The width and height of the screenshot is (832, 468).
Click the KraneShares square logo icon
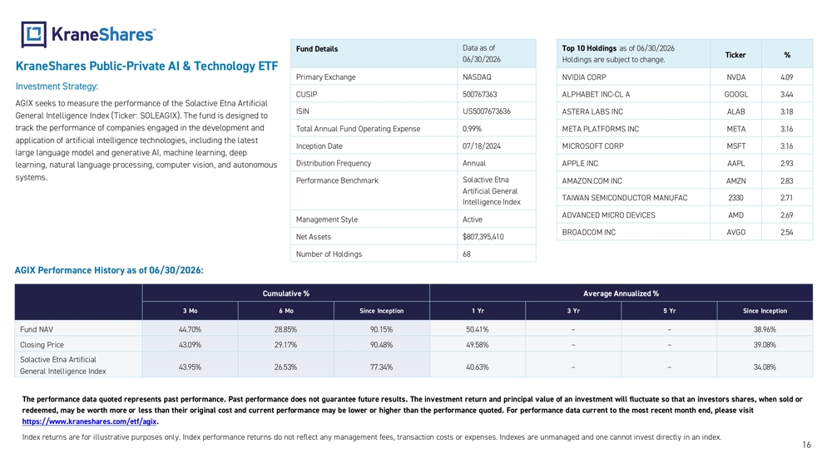(33, 34)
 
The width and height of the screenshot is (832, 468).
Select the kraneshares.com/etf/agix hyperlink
(89, 421)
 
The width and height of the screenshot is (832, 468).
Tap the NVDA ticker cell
(735, 77)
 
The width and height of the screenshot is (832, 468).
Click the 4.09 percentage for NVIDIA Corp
(786, 77)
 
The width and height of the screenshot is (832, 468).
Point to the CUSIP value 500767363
(479, 94)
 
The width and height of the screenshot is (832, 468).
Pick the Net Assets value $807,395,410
(483, 237)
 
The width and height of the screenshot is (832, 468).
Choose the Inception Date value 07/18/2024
(481, 146)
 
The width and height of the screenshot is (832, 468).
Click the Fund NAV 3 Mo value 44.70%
(190, 330)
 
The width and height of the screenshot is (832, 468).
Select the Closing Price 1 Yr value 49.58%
(477, 345)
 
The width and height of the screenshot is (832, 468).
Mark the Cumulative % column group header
(286, 293)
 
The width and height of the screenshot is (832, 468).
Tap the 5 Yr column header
(669, 311)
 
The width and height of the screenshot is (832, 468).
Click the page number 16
(806, 446)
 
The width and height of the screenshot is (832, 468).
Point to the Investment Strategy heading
(57, 86)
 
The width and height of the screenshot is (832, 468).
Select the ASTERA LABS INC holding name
(592, 112)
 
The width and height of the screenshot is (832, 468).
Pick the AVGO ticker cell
(735, 233)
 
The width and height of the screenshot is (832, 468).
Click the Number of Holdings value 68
(467, 254)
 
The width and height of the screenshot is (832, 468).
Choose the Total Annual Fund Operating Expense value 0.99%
(472, 129)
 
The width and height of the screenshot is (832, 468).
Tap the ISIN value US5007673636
(486, 111)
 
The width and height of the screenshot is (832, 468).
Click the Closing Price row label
(42, 345)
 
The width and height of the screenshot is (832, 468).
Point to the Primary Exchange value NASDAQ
(477, 77)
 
